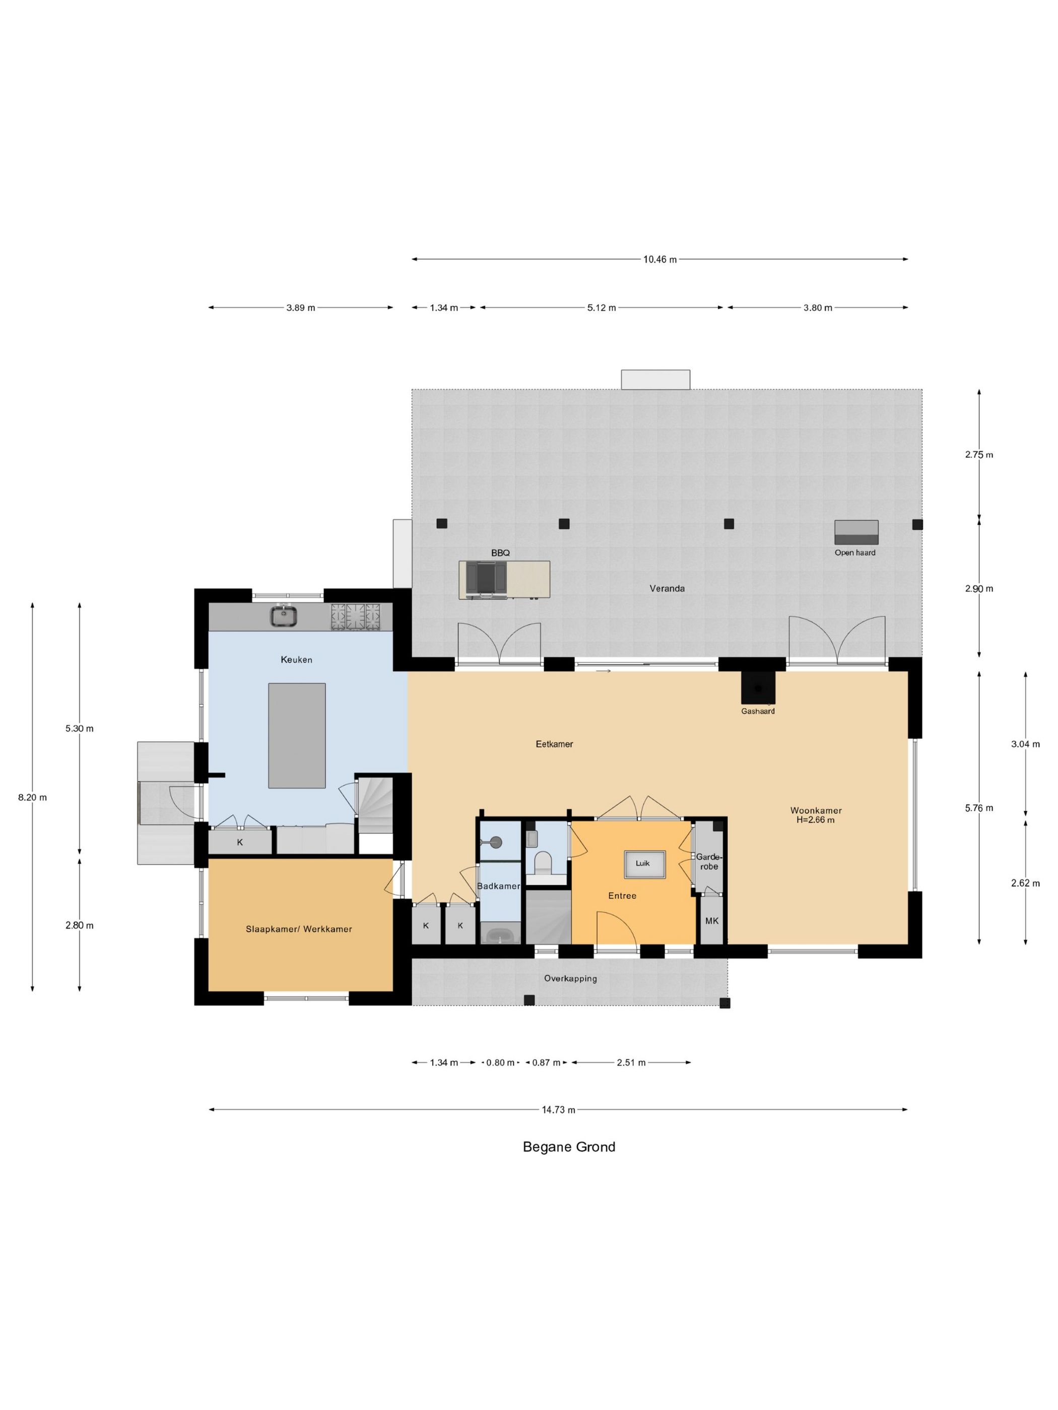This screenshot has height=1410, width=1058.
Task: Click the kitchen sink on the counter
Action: coord(283,616)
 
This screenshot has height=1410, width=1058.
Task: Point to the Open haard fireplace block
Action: coord(856,532)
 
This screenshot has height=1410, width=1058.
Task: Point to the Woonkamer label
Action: coord(811,810)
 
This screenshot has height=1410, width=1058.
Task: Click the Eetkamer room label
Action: coord(554,744)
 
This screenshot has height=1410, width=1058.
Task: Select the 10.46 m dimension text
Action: coord(659,259)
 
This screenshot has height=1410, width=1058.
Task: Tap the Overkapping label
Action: coord(570,978)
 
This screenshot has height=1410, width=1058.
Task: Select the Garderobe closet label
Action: coord(708,862)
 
